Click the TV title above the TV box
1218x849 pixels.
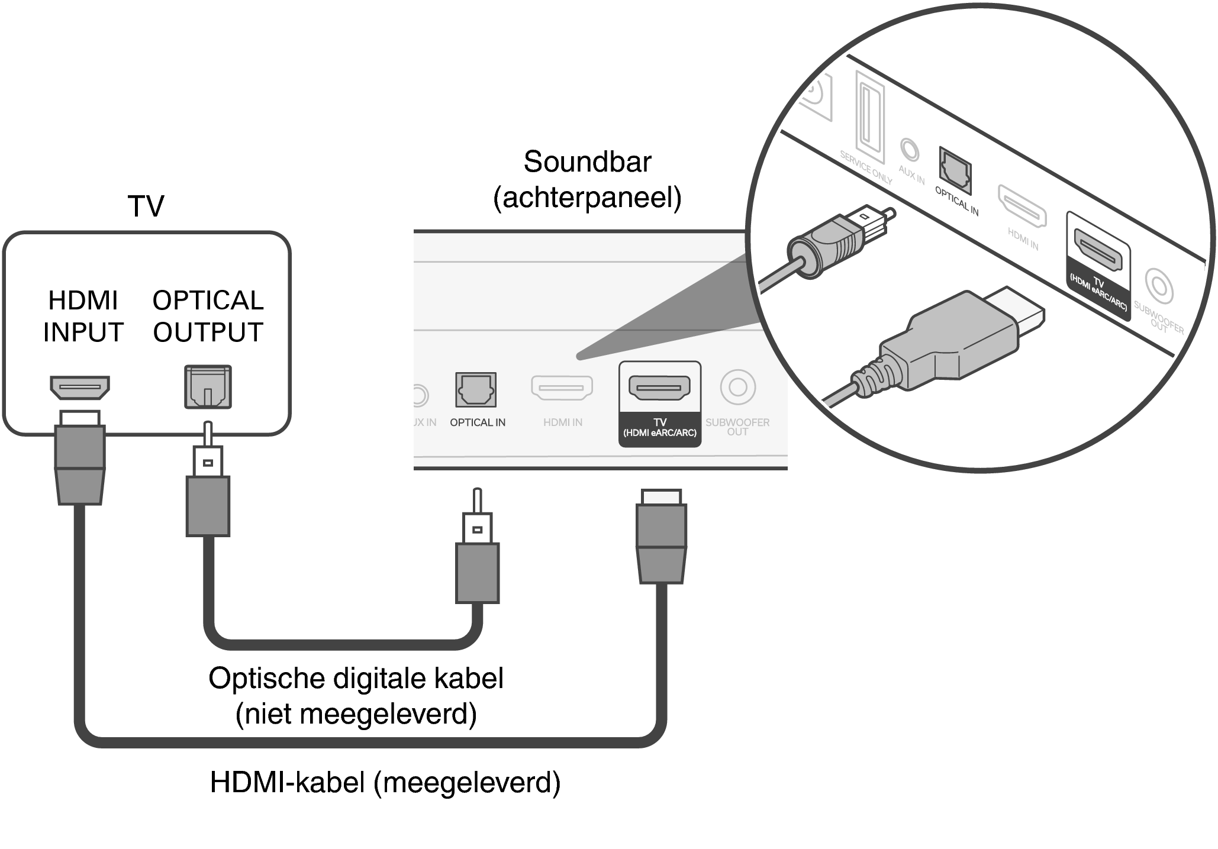click(146, 206)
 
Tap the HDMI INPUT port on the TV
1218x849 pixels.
click(80, 388)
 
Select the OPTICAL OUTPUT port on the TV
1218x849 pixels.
click(208, 387)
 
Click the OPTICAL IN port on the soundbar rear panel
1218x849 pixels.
click(476, 389)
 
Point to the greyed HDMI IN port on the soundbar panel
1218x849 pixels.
click(562, 388)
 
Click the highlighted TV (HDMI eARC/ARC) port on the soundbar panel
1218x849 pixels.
click(659, 388)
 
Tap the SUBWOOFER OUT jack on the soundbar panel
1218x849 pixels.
click(737, 387)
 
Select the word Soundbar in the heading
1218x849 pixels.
click(587, 162)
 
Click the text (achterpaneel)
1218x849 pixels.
click(587, 198)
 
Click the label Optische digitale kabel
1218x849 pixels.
click(356, 678)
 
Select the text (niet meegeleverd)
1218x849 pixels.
click(356, 714)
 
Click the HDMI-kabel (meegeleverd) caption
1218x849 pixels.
click(385, 782)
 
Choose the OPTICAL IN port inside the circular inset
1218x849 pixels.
click(955, 172)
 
